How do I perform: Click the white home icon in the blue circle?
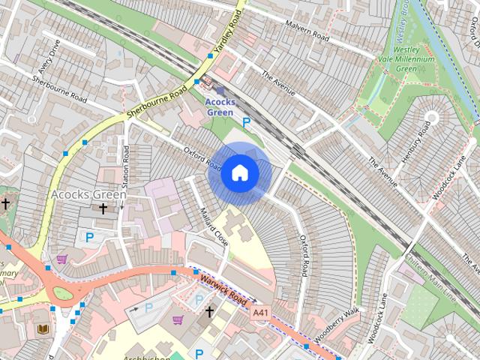click(x=239, y=173)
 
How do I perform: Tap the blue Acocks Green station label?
click(x=220, y=106)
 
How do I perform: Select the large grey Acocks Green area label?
click(x=88, y=194)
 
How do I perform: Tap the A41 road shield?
click(x=260, y=312)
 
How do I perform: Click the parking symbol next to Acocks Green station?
click(x=246, y=121)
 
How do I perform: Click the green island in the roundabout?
click(x=64, y=293)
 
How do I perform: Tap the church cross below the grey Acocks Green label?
click(x=102, y=209)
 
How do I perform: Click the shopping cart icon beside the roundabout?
click(x=61, y=259)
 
